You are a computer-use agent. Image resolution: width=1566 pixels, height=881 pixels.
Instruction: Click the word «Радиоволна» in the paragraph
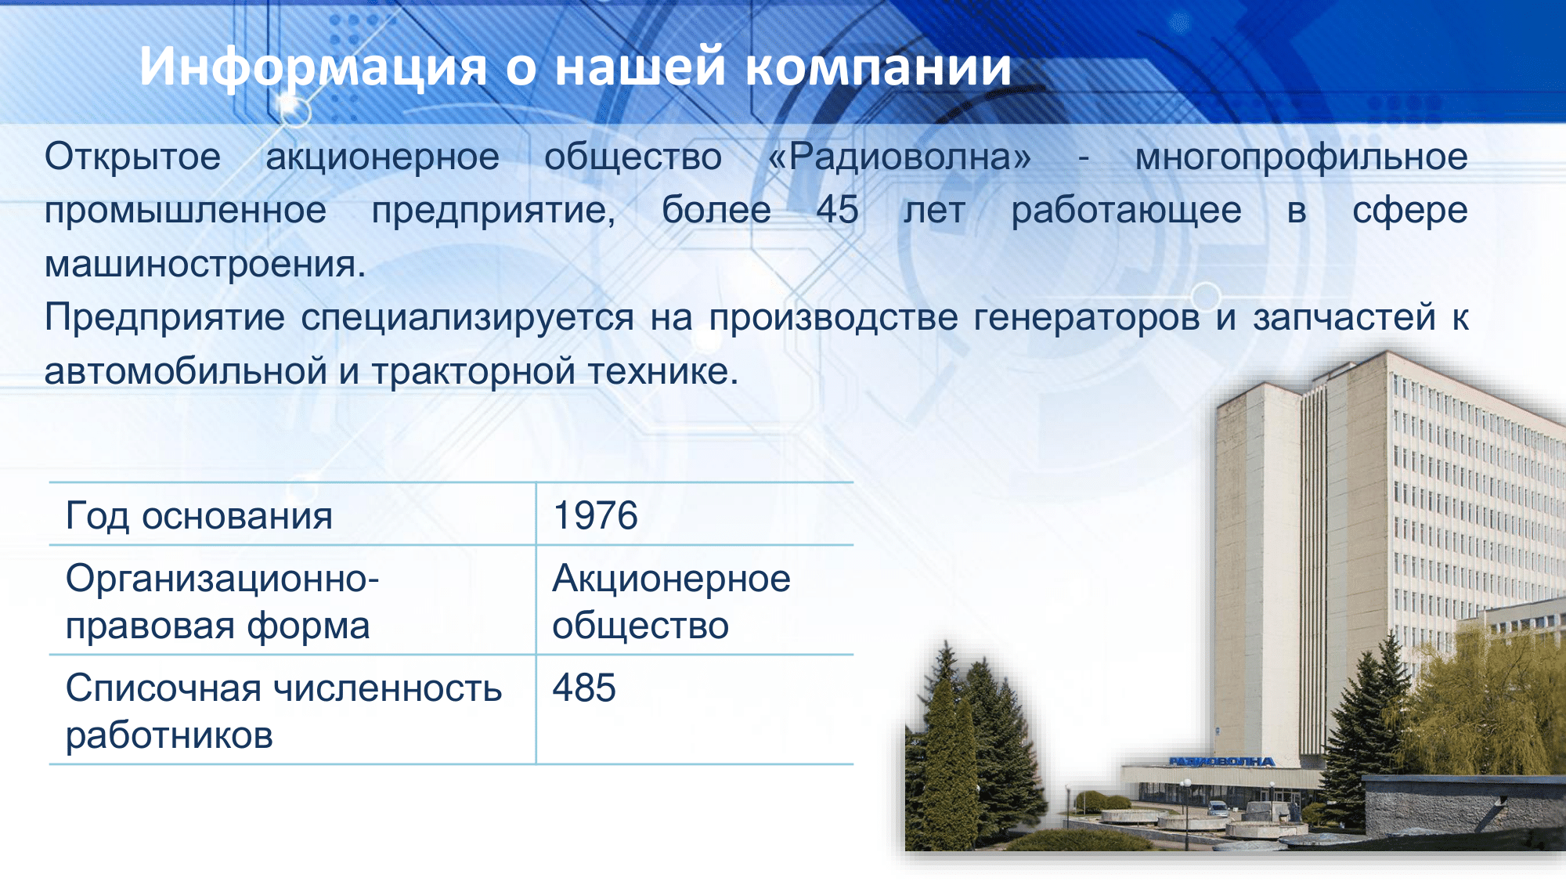[900, 157]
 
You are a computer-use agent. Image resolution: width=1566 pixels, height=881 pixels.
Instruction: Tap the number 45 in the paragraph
[837, 210]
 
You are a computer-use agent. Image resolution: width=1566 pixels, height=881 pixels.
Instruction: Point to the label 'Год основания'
[199, 516]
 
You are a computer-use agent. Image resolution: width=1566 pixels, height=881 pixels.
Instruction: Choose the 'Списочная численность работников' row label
[283, 712]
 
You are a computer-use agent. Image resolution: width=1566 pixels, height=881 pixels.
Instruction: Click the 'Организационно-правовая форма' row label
[222, 602]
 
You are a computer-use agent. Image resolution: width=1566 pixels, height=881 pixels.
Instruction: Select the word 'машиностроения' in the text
[205, 264]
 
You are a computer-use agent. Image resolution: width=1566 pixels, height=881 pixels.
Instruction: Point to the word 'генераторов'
[1087, 318]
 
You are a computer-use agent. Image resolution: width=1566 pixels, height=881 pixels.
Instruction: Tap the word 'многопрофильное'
[1301, 157]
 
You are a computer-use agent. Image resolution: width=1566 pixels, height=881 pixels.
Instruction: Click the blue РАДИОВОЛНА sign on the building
[1222, 761]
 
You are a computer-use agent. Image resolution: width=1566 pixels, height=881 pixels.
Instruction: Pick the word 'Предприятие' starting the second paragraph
[164, 318]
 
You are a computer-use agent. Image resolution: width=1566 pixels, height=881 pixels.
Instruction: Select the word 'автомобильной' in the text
[186, 371]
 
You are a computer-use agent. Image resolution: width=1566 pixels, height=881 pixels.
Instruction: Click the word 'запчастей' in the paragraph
[1344, 318]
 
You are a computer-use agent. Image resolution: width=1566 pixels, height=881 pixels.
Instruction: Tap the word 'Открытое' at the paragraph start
[132, 157]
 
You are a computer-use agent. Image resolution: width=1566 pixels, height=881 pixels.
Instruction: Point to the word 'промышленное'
[186, 210]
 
